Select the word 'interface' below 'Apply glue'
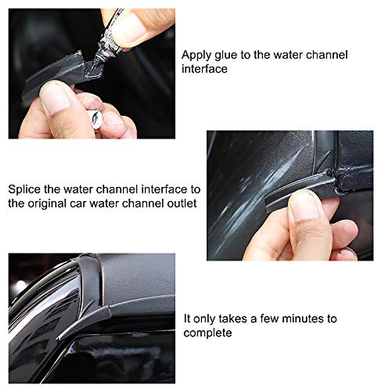204,69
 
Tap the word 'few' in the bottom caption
270,319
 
